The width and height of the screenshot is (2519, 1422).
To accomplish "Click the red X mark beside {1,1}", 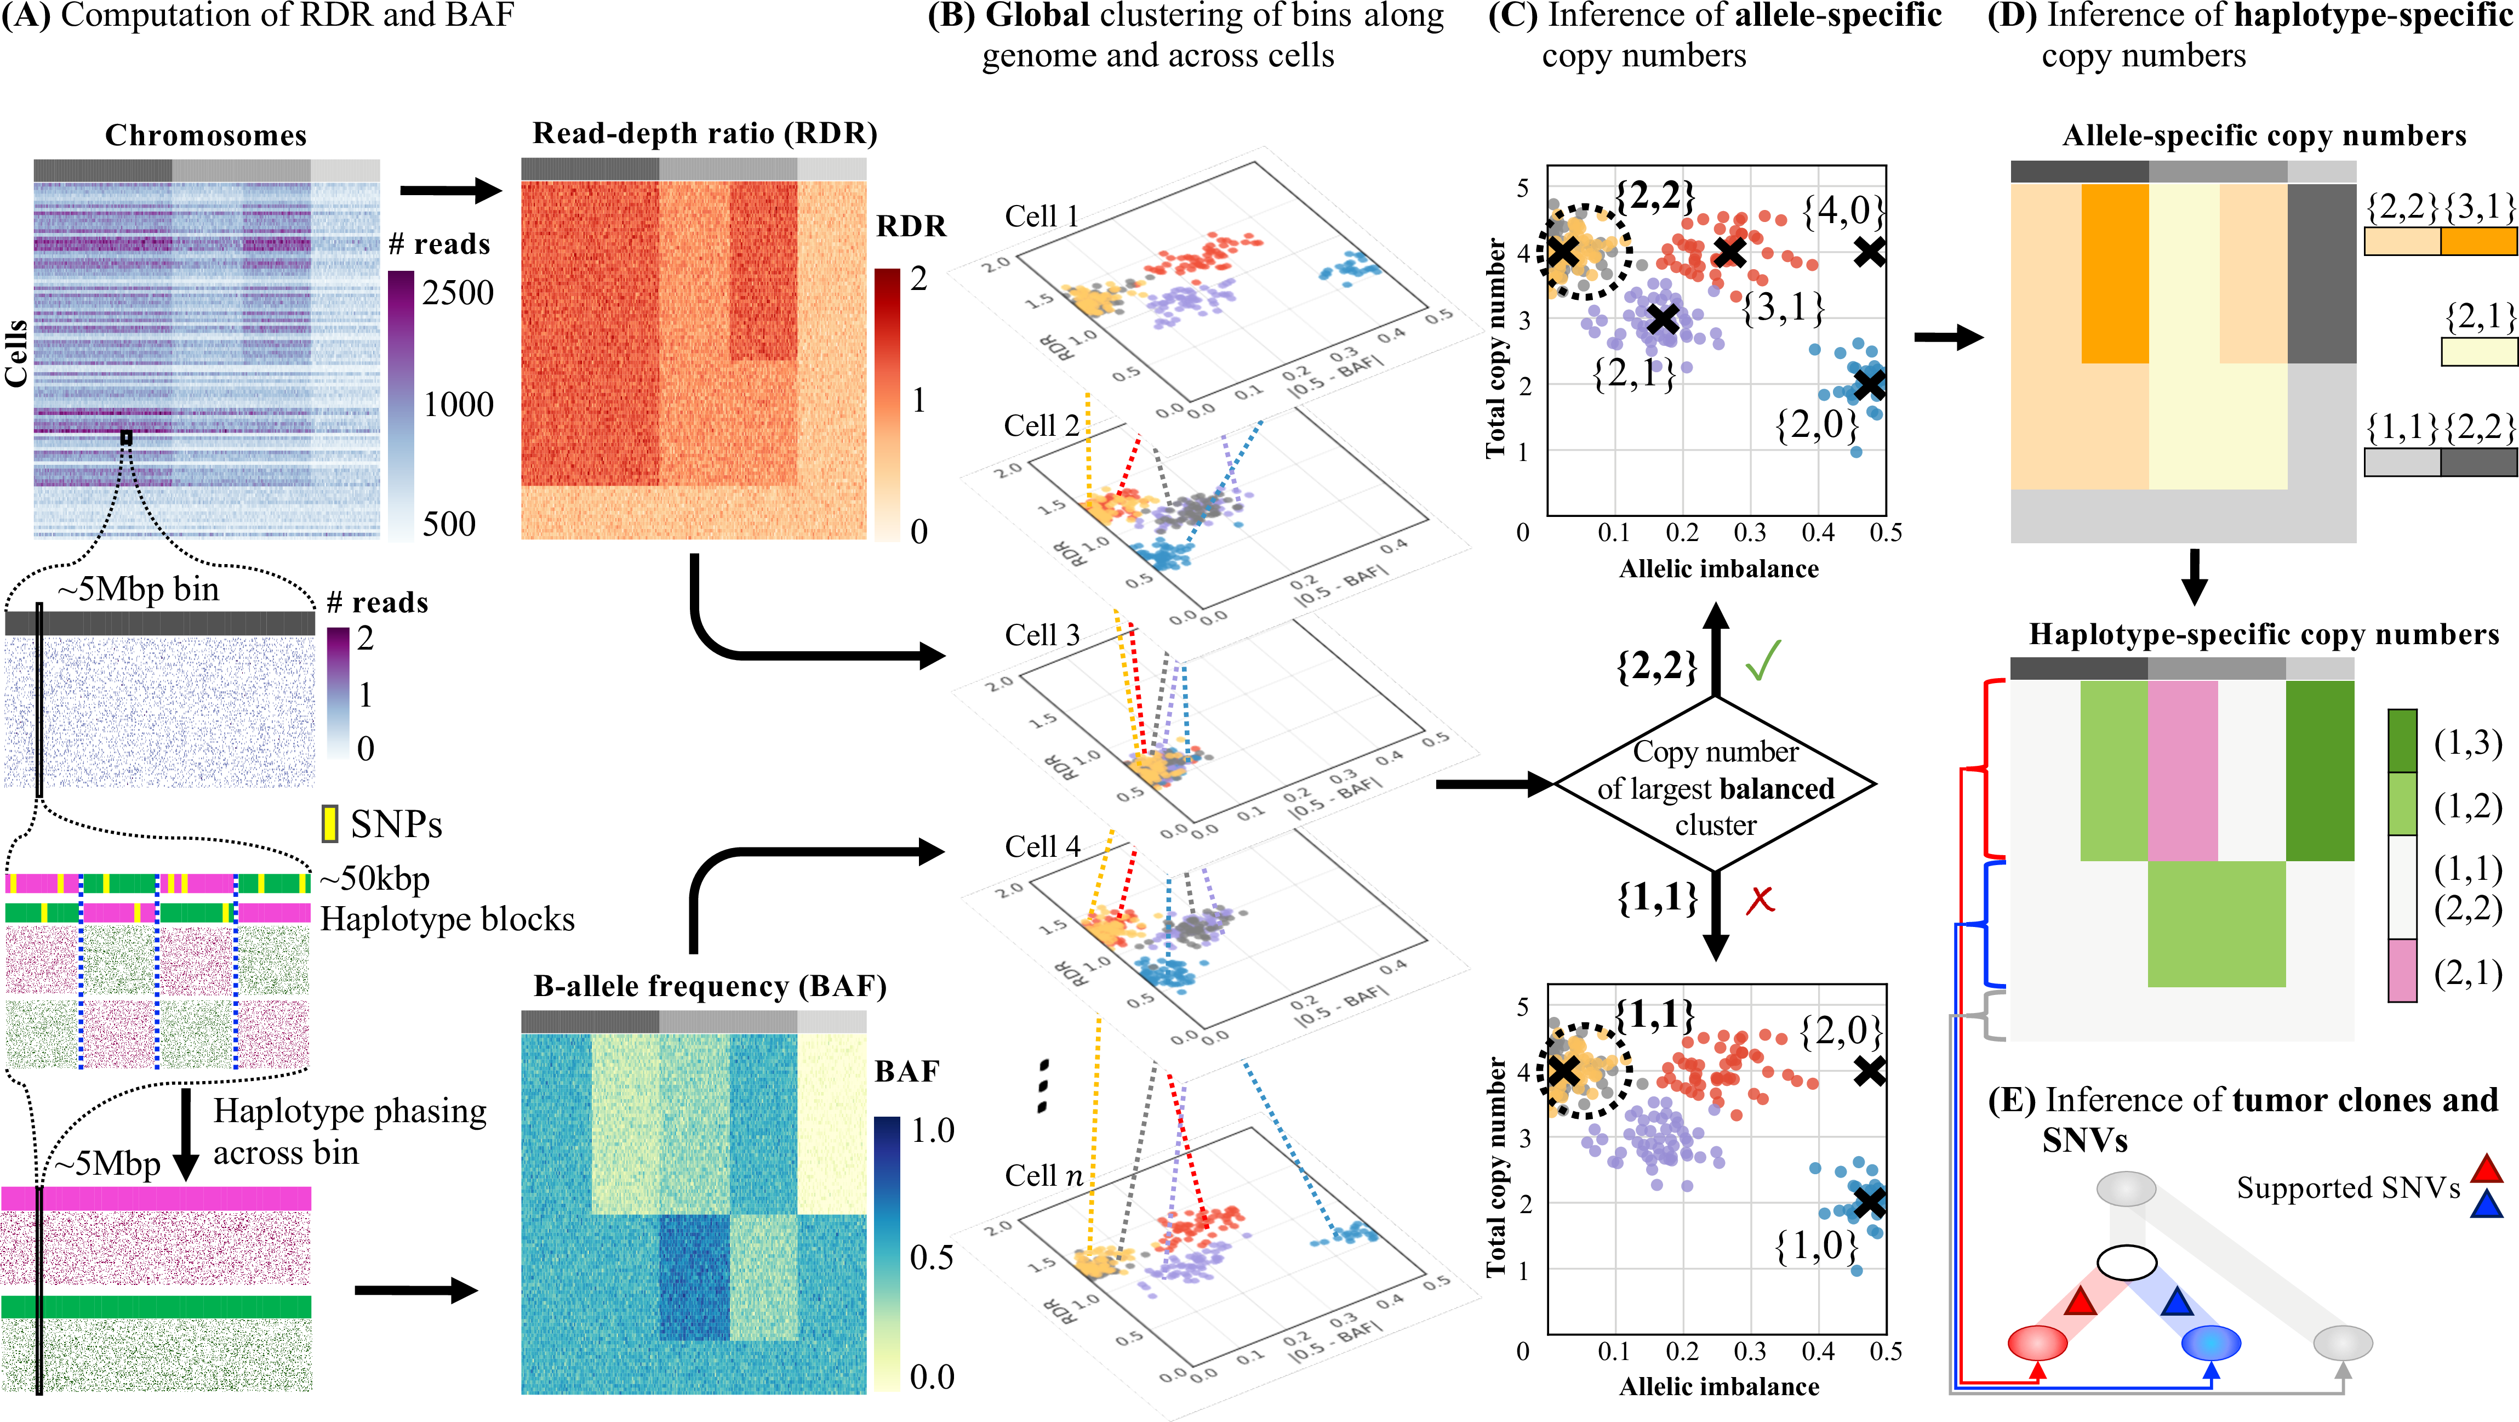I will [x=1760, y=900].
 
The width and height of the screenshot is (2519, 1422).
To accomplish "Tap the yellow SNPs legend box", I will [x=329, y=823].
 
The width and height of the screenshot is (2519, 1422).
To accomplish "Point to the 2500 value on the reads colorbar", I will [x=458, y=292].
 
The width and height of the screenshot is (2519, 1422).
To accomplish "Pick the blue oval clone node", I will [x=2211, y=1343].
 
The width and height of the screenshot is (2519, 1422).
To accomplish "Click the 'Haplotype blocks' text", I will [x=447, y=919].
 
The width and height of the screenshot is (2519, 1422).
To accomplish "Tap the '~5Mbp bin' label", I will [x=138, y=590].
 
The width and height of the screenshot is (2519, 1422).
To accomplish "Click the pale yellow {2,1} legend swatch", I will [x=2479, y=352].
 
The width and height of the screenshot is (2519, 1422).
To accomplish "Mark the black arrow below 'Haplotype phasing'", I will [x=186, y=1134].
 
